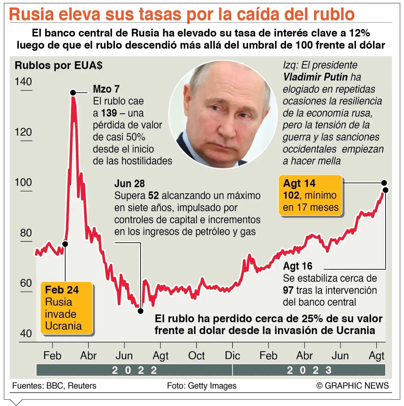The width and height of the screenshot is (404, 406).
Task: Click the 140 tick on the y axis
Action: click(x=23, y=82)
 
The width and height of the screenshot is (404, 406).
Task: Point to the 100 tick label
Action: click(x=23, y=182)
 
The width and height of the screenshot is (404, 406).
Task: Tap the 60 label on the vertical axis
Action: click(x=26, y=283)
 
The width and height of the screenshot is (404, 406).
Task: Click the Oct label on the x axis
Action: click(x=196, y=356)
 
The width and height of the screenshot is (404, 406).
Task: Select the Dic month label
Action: click(x=232, y=356)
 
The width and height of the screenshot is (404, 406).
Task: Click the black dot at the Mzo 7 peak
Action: click(x=73, y=93)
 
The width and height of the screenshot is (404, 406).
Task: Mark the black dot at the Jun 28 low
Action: click(x=140, y=311)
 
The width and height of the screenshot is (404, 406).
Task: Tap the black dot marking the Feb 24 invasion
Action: click(x=65, y=244)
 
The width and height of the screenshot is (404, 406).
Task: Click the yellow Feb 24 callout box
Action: click(x=67, y=308)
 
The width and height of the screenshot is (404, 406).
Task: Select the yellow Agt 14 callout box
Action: click(x=311, y=195)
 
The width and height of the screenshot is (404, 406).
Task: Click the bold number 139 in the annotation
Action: click(x=109, y=113)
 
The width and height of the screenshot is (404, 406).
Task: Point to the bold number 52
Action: click(x=154, y=195)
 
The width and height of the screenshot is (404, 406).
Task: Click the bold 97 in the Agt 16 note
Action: click(x=288, y=290)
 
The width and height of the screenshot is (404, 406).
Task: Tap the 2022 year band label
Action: click(x=134, y=370)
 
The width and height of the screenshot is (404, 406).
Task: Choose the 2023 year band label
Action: click(x=309, y=370)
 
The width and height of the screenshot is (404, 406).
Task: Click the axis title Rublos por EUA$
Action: click(x=59, y=65)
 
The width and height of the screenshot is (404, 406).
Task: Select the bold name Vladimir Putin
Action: click(x=316, y=77)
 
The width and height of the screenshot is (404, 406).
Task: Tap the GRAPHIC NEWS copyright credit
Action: click(x=353, y=386)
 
